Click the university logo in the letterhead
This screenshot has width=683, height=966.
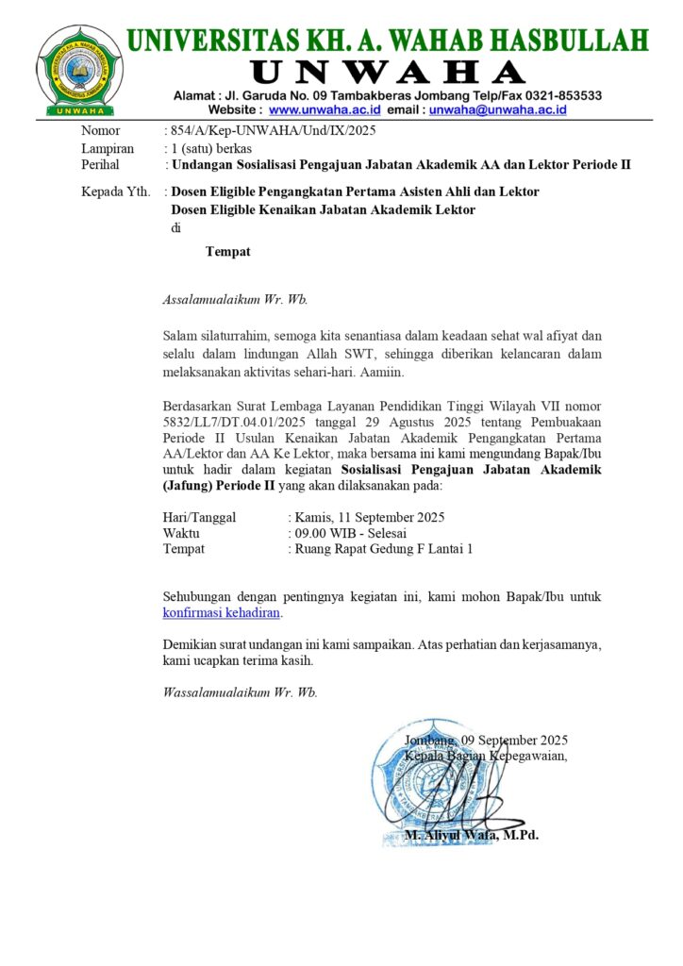(x=79, y=69)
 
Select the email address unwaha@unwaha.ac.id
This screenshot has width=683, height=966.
(x=497, y=109)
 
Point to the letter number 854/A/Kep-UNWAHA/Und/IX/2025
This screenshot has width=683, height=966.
(x=274, y=131)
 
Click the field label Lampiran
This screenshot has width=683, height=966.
(x=108, y=148)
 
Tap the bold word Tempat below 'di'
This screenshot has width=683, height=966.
(x=228, y=251)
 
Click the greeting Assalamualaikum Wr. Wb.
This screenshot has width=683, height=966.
(x=236, y=300)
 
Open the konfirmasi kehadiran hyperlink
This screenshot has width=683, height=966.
(x=222, y=612)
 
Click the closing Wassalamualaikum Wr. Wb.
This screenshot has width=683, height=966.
(x=241, y=691)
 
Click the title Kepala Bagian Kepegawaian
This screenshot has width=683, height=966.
(x=486, y=756)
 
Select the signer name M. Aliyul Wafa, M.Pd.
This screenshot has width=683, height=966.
(x=472, y=835)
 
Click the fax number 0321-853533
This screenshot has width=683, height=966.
(x=560, y=95)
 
